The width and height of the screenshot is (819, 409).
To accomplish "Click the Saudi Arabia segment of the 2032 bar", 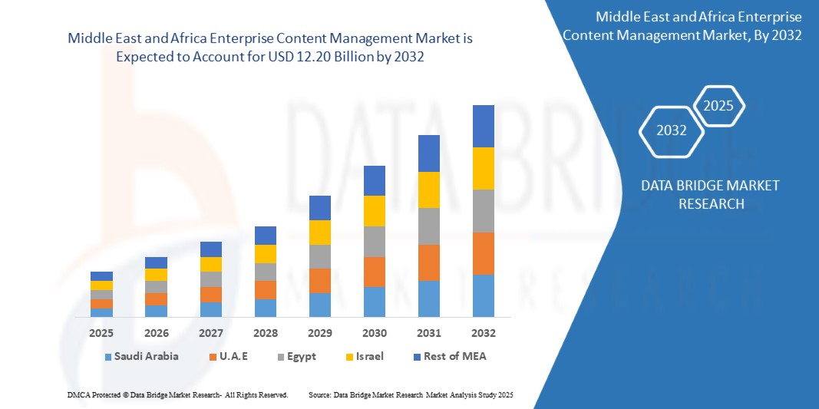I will click(x=484, y=295).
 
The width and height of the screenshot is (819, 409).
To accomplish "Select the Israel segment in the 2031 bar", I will click(x=429, y=190).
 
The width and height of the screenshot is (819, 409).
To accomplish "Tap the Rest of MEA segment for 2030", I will click(x=375, y=180).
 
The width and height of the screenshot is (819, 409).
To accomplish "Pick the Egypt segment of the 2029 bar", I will click(x=320, y=256).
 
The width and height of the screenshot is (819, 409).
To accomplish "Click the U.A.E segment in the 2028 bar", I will click(x=266, y=289).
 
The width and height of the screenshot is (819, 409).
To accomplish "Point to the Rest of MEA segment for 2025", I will click(x=101, y=276).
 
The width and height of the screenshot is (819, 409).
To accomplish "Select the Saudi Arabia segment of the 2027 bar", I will click(x=211, y=309).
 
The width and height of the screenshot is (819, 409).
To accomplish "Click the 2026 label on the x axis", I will click(x=156, y=333).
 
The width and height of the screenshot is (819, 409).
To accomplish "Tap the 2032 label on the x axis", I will click(x=484, y=333).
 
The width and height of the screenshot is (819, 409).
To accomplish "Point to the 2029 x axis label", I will click(x=320, y=333).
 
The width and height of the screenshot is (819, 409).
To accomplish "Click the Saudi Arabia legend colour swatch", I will click(x=109, y=357).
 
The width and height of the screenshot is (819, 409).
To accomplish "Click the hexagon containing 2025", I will click(x=718, y=106).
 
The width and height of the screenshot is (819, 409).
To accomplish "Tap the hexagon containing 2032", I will click(x=672, y=130).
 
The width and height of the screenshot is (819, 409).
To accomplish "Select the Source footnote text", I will click(x=410, y=394).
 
